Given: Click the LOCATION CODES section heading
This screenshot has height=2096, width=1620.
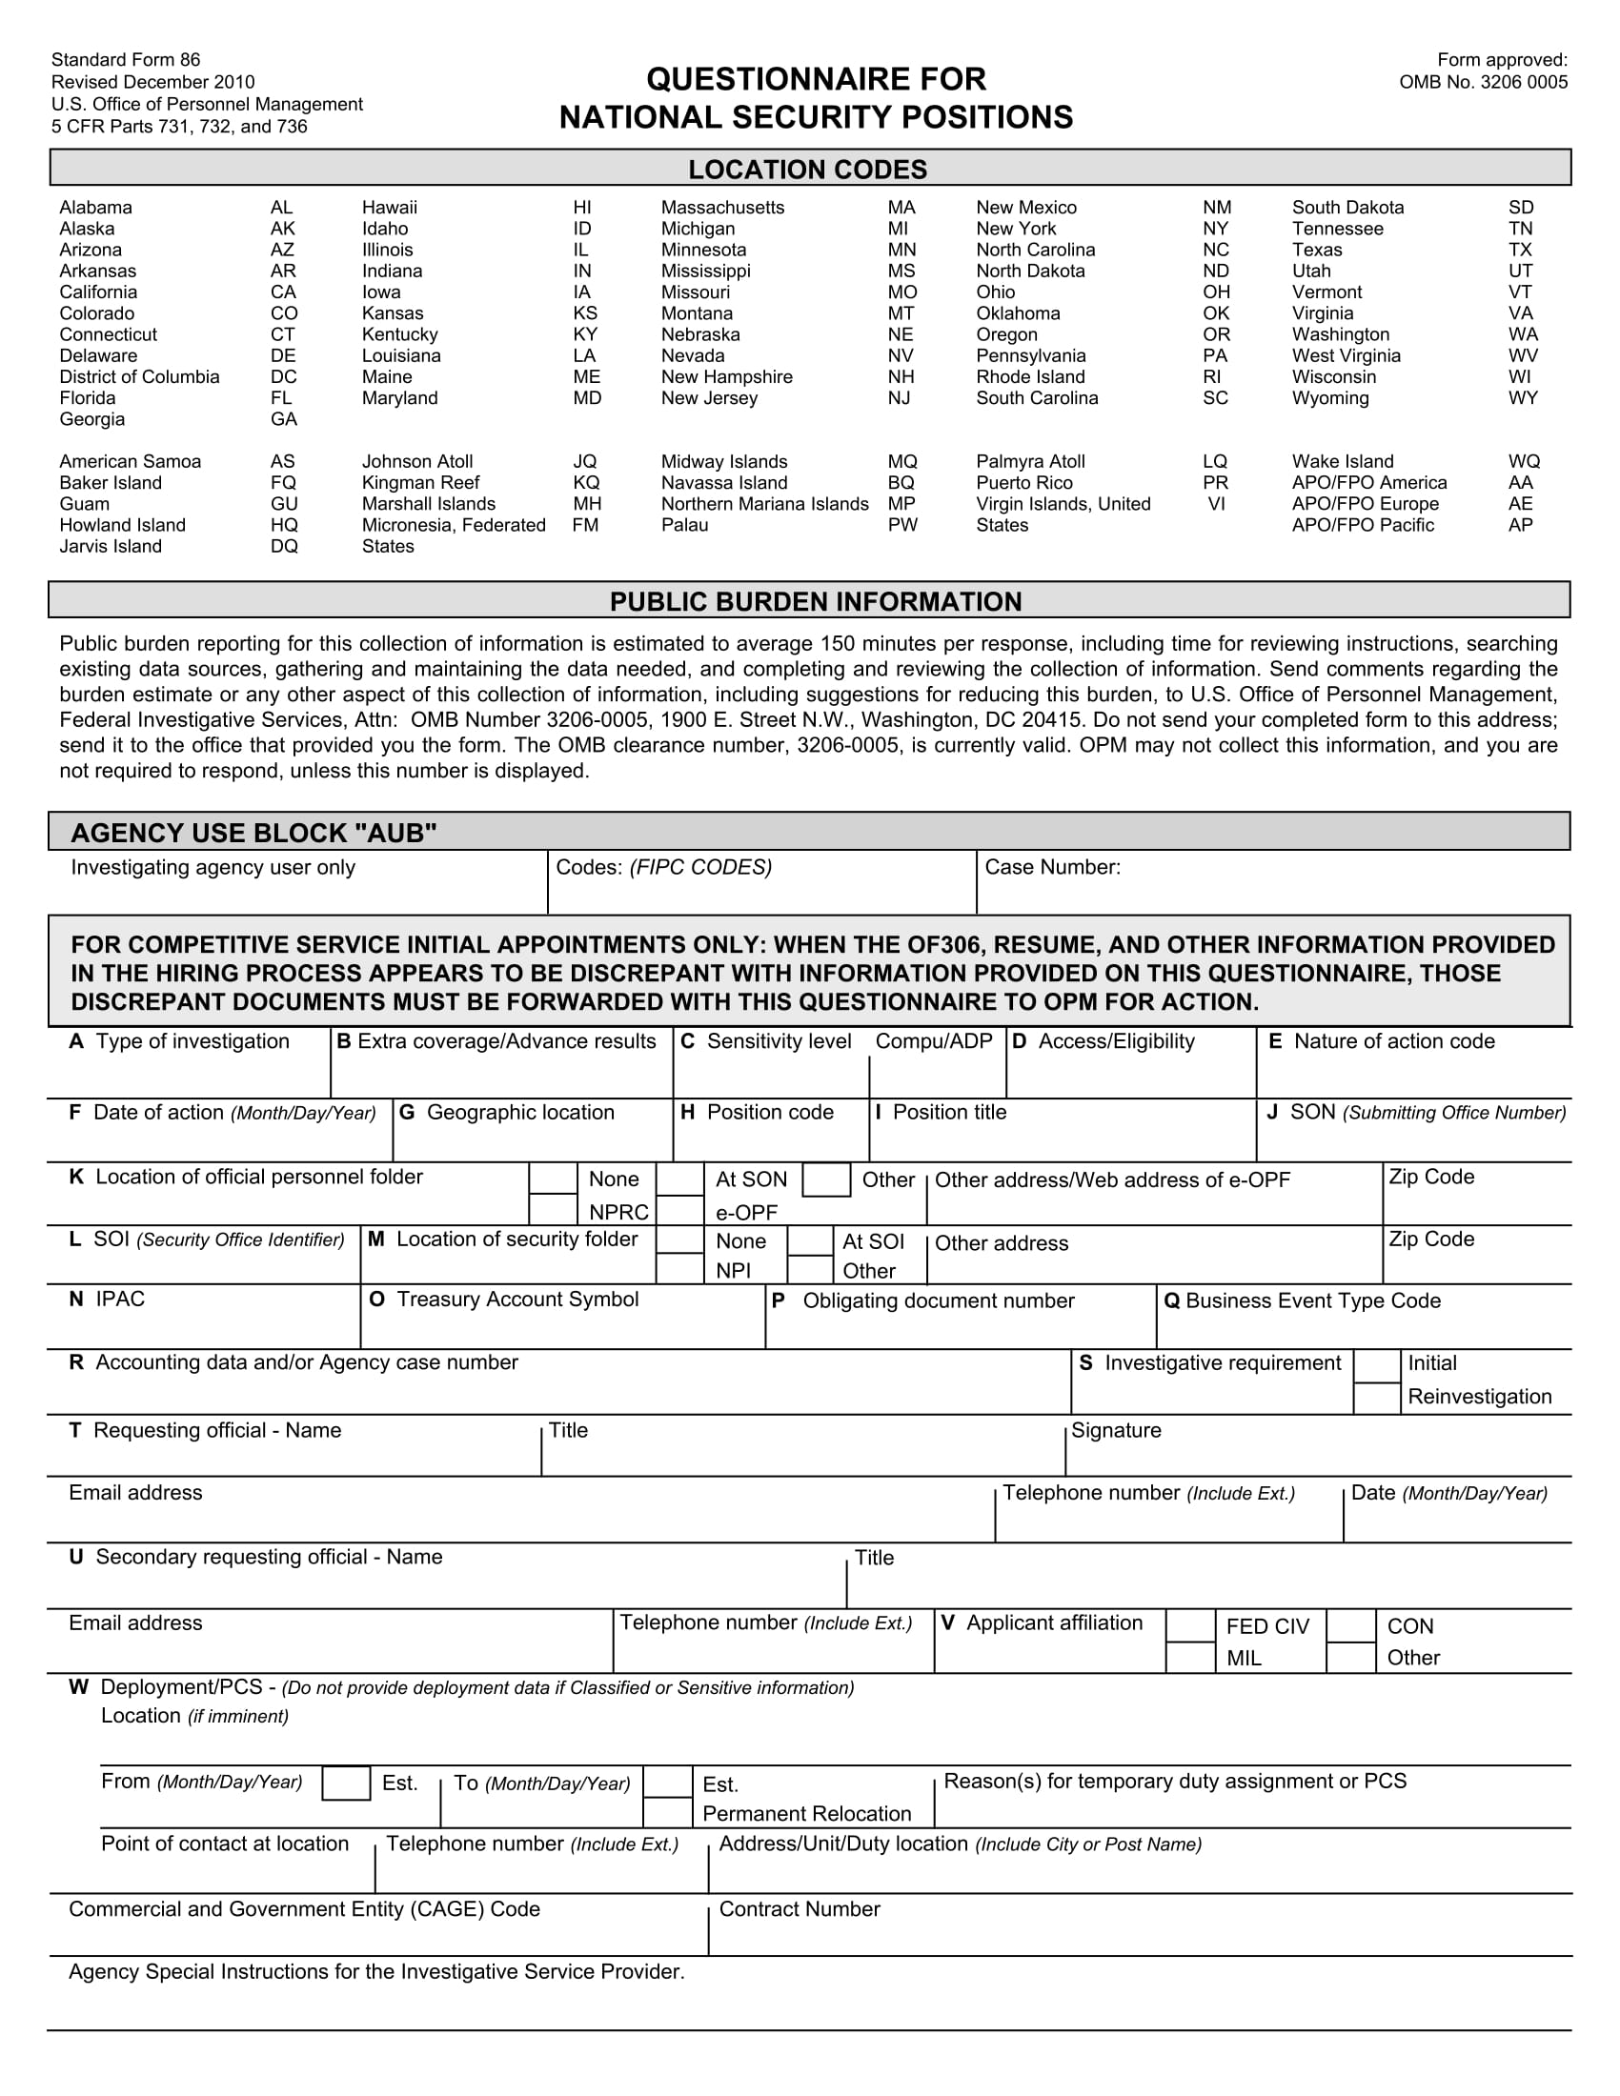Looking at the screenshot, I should [807, 170].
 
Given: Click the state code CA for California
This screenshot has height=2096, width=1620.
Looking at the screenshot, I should [283, 292].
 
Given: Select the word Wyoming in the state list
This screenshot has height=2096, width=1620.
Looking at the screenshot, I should [1330, 397].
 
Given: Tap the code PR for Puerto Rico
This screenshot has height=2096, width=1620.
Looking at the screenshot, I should [1215, 483].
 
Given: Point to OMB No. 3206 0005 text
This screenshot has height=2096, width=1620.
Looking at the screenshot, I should [1483, 82].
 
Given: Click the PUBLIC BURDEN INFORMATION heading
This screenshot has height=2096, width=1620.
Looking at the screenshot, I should [815, 602].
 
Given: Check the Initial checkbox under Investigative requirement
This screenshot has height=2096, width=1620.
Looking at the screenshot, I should [1376, 1365].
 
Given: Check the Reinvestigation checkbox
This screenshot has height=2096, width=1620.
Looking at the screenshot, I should [1376, 1399].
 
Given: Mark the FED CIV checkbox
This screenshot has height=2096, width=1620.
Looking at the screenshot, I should [1190, 1626].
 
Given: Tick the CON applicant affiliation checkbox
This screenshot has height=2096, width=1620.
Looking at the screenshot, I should [1350, 1626].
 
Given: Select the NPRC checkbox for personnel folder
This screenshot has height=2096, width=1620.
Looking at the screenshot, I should [553, 1209].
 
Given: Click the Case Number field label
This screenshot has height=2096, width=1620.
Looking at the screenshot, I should [1052, 868].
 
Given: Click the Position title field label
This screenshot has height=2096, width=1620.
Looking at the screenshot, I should [949, 1112].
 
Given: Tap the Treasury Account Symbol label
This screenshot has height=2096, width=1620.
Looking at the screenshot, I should [516, 1300].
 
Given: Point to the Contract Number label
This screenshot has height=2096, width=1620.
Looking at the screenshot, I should [799, 1910].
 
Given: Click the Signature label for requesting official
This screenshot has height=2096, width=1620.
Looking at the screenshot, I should [1115, 1431].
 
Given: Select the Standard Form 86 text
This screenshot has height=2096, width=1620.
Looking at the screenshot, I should [126, 59].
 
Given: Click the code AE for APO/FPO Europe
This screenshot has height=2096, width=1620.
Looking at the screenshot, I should [1520, 504].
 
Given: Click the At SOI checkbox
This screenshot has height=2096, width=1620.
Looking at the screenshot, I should [810, 1241].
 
